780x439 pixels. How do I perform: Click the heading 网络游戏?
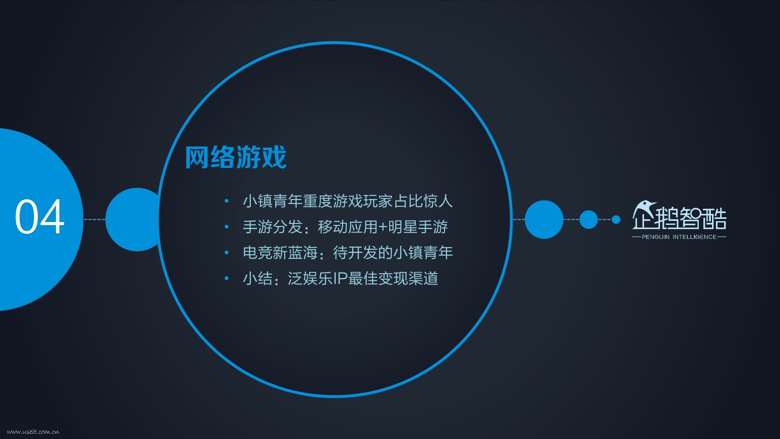point(236,158)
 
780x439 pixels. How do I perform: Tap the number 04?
point(39,217)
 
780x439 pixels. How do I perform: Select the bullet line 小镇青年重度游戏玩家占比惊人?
point(348,201)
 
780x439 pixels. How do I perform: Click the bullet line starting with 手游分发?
point(345,227)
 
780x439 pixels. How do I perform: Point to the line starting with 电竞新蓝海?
point(348,253)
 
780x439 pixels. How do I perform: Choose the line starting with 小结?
point(340,278)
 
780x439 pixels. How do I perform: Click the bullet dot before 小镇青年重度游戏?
point(226,201)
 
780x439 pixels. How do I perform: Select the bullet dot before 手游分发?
point(226,227)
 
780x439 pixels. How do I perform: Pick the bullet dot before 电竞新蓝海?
point(226,253)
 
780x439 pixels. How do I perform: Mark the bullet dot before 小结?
point(226,279)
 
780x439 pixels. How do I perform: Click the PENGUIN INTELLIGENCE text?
point(679,237)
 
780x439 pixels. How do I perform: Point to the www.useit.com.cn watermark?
point(33,432)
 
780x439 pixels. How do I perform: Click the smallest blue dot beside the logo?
point(616,220)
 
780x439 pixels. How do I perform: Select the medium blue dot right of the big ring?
point(589,219)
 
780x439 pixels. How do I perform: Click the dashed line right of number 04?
point(94,220)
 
